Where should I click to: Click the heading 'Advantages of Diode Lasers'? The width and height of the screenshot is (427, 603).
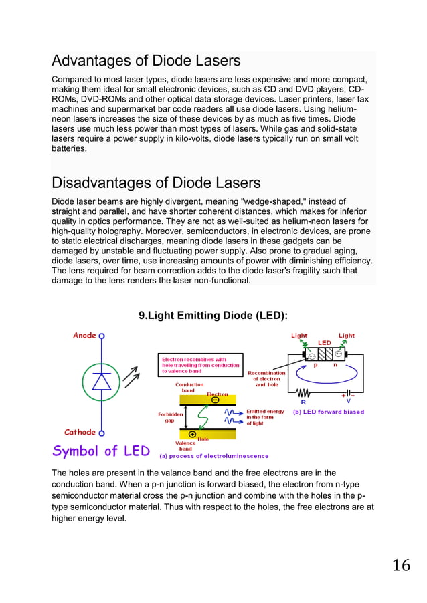tap(146, 61)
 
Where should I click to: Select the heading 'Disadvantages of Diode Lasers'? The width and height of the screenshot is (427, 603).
tap(156, 183)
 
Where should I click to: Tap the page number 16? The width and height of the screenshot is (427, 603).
tap(401, 566)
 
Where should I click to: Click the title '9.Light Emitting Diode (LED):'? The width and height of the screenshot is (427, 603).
tap(213, 315)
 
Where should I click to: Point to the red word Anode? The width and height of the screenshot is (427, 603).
tap(85, 336)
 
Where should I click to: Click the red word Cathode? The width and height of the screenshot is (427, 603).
tap(80, 432)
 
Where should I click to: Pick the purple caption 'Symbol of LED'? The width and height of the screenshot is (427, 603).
tap(101, 451)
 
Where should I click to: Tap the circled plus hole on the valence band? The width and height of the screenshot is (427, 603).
tap(193, 433)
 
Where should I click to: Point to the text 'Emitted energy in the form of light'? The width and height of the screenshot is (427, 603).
tap(265, 417)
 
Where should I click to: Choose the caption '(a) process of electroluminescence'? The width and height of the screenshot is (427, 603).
tap(213, 456)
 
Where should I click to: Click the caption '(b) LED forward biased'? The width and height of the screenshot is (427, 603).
tap(329, 412)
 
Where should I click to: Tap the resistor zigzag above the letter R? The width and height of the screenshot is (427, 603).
tap(305, 393)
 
